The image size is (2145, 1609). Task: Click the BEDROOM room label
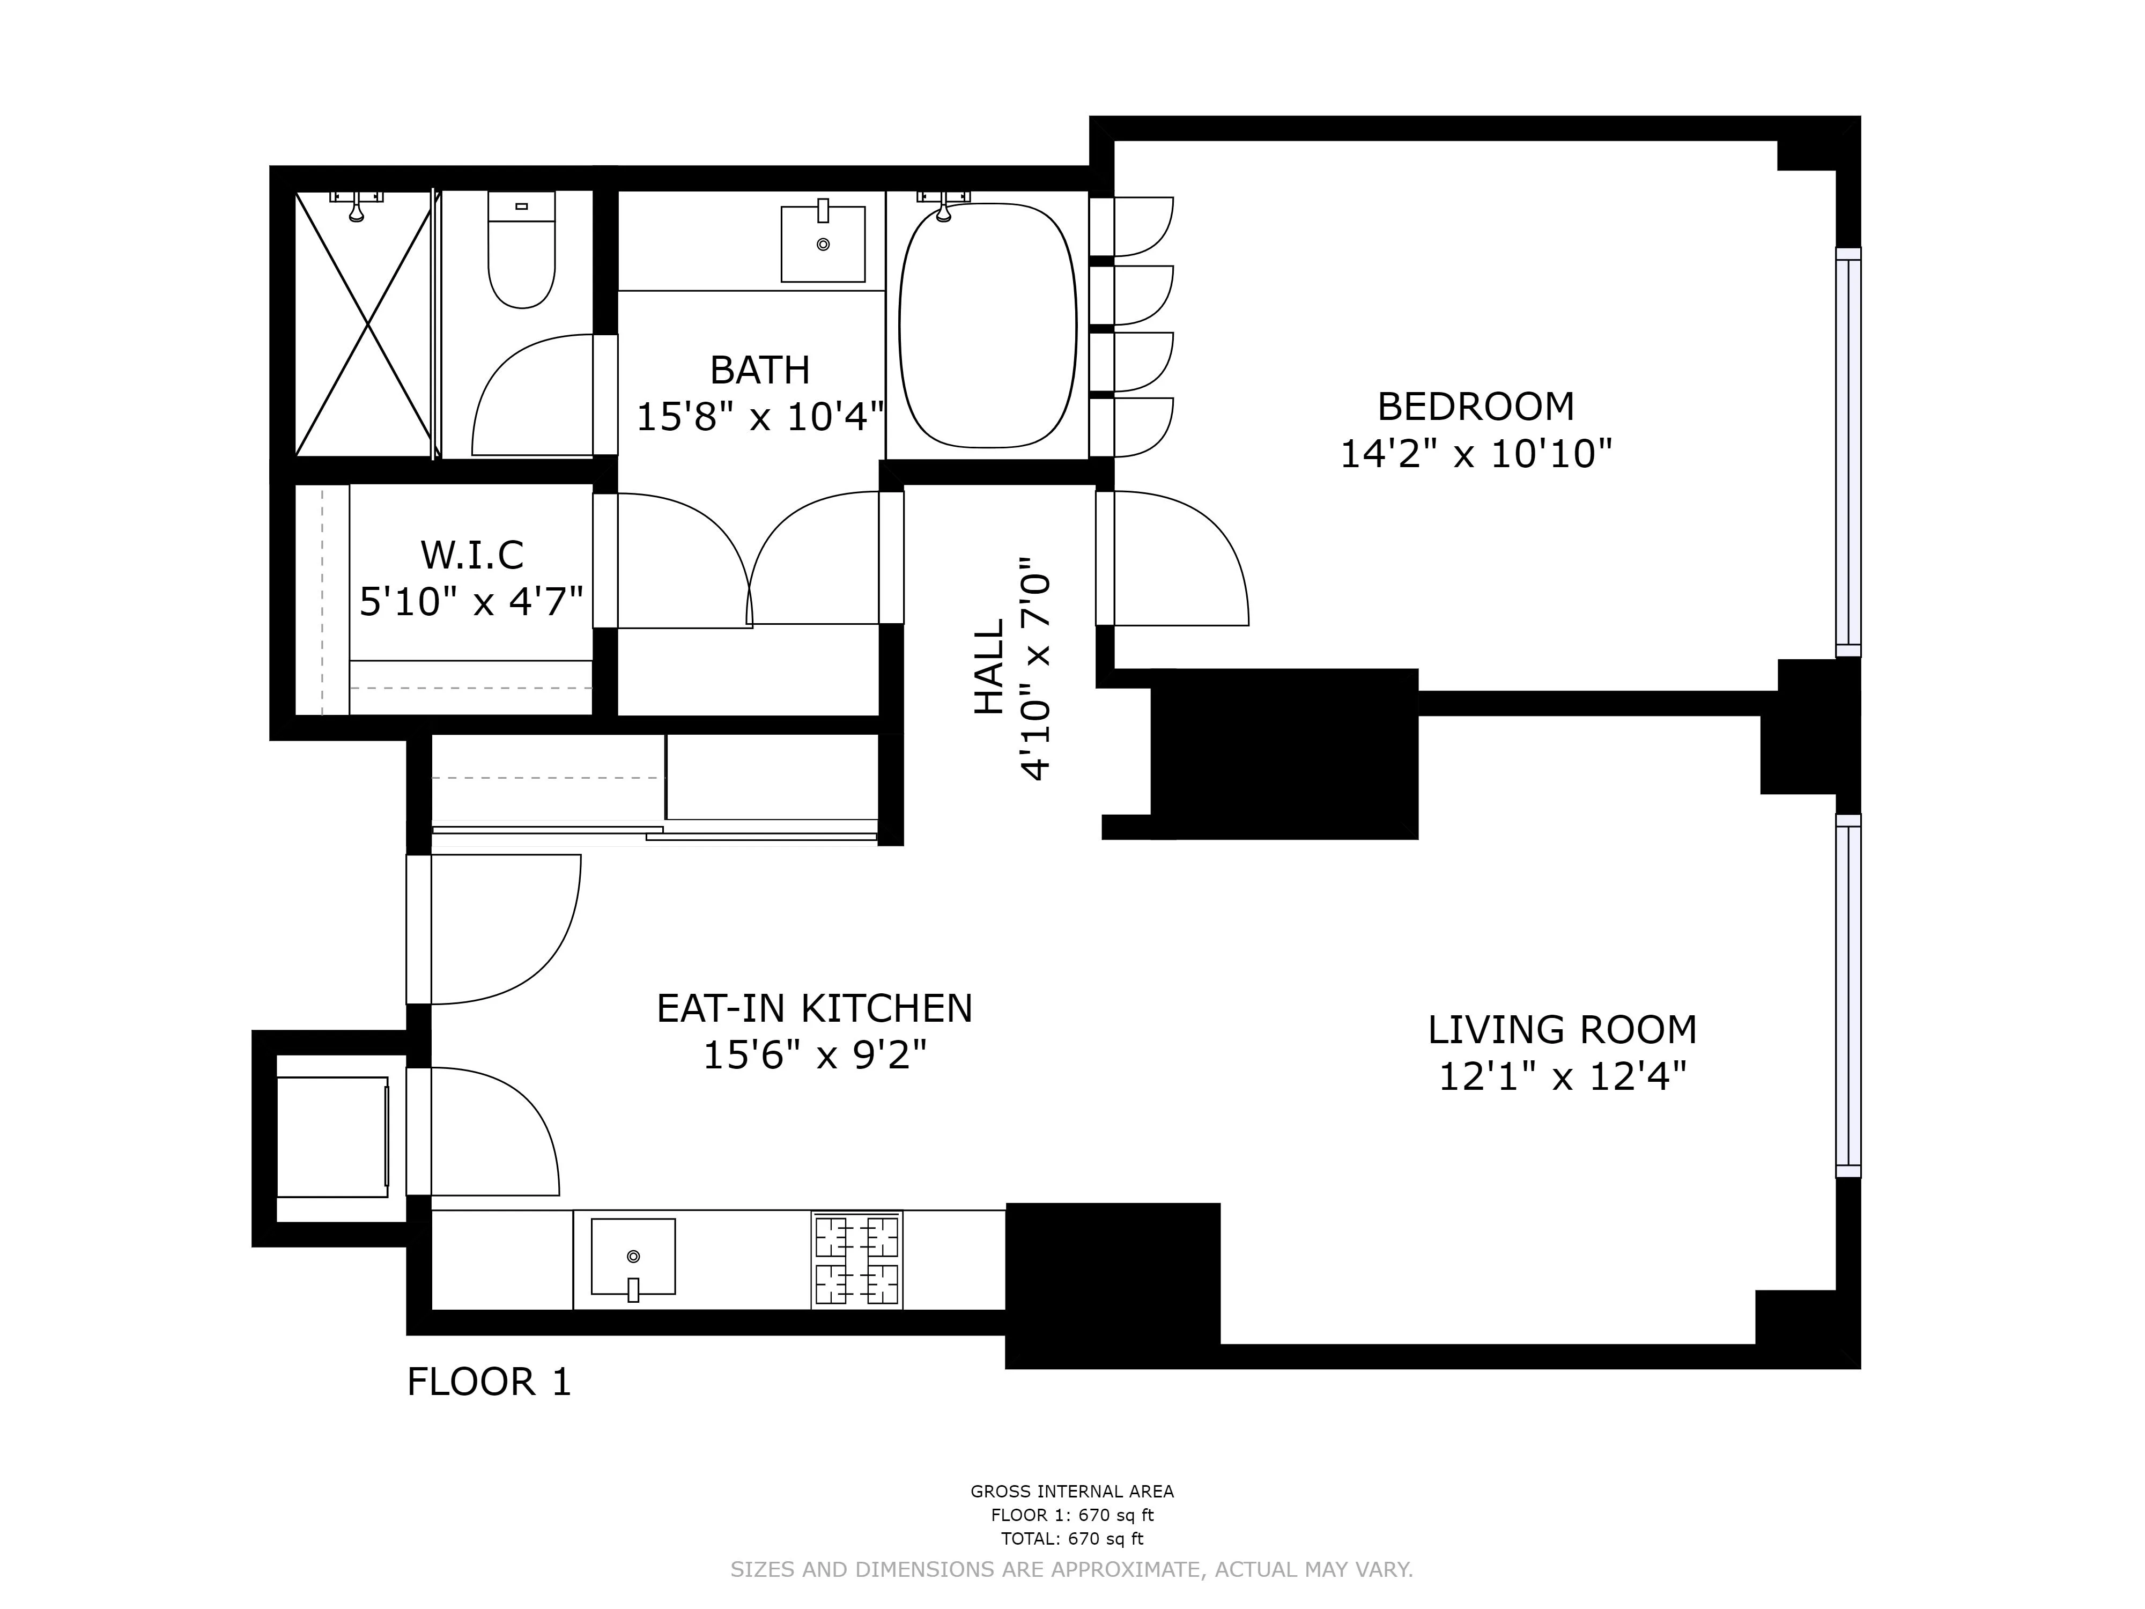pos(1475,407)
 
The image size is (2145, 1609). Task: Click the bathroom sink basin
pos(822,245)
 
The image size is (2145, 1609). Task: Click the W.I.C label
pos(472,556)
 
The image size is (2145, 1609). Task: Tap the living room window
pos(1847,995)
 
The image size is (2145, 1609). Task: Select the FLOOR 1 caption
pos(489,1382)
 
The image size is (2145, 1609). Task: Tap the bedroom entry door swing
pos(1178,563)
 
